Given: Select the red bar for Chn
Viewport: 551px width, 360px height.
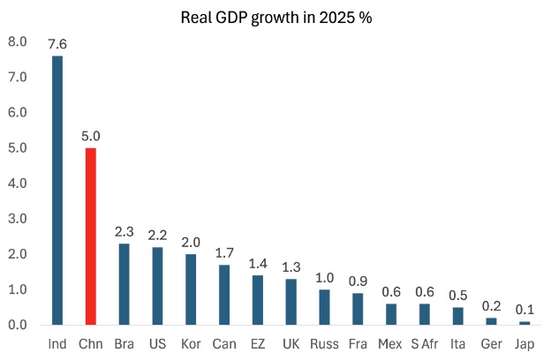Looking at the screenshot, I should tap(90, 236).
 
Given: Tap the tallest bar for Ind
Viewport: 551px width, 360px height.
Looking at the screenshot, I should tap(57, 191).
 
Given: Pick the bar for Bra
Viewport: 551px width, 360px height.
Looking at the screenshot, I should tap(124, 284).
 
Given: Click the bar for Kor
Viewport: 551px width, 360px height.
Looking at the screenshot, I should tap(191, 289).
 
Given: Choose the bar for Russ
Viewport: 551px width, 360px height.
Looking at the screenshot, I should tap(324, 307).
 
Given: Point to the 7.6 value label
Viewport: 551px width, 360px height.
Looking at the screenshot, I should tap(57, 42).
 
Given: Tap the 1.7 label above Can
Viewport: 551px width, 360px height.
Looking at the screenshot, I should tap(224, 252).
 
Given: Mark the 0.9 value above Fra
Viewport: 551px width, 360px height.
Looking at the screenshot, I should tap(358, 281).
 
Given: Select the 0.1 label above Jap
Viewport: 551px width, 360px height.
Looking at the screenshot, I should tap(525, 309).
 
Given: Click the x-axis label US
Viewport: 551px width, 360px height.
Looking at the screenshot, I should tap(157, 342).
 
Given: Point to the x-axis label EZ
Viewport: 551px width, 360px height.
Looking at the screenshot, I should tap(257, 342).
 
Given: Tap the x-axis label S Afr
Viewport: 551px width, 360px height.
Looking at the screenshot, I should tap(424, 342).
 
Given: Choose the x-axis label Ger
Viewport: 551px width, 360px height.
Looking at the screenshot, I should tap(491, 342).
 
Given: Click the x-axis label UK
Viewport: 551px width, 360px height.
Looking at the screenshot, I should tap(291, 342).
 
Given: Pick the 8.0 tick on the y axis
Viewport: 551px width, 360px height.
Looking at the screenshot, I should tap(18, 41).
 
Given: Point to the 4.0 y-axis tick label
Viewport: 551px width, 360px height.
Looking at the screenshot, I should tap(18, 184).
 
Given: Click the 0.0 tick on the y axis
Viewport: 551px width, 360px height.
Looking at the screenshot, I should tap(18, 325).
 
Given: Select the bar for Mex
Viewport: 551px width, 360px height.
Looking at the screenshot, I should tap(391, 314).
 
